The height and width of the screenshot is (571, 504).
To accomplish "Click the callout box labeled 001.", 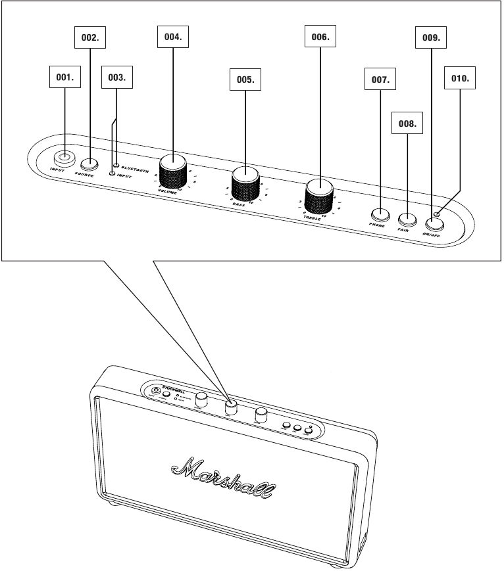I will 64,78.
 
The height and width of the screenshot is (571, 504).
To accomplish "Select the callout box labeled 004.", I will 172,37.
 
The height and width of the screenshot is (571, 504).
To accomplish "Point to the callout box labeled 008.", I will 405,122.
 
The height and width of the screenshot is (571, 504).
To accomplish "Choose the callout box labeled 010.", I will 460,78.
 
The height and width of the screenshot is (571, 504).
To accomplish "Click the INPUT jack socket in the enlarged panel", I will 64,158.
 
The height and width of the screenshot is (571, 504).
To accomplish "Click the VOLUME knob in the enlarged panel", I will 173,164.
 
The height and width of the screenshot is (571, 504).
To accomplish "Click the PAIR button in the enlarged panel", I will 407,219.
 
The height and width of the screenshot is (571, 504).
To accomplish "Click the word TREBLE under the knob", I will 312,216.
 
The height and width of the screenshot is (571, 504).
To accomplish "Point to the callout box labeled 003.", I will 116,78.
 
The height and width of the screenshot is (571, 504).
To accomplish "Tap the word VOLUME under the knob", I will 167,191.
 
